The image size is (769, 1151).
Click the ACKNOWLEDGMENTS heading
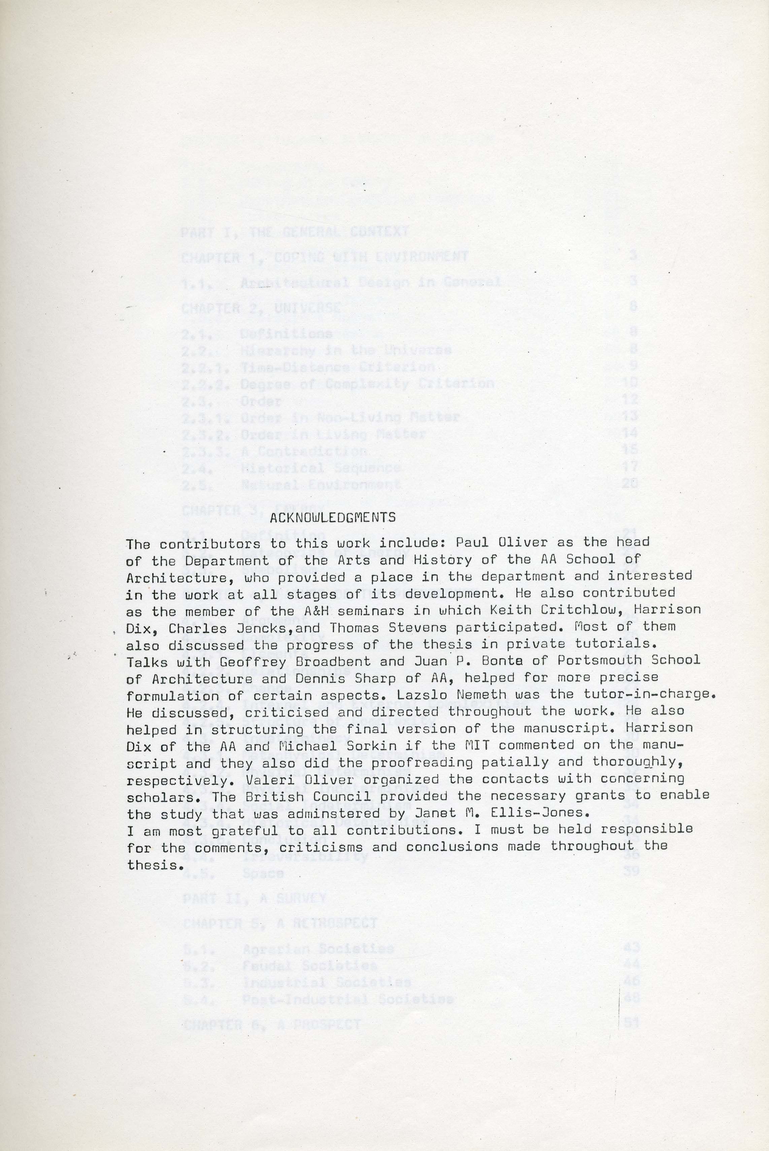click(333, 517)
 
